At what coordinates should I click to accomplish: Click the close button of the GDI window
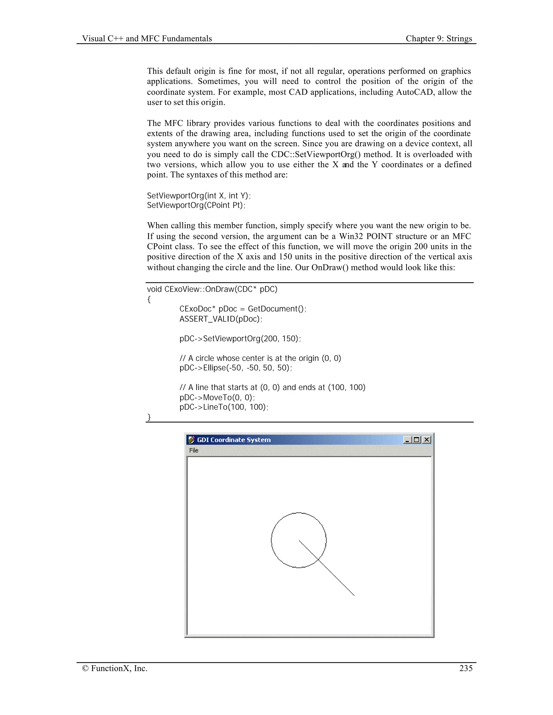tap(427, 440)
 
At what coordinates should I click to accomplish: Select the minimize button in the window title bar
tap(407, 440)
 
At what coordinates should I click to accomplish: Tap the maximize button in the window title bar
tap(417, 440)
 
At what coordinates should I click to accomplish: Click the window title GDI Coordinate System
tap(234, 440)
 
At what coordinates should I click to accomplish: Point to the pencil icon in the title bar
tap(191, 440)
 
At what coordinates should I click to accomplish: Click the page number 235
tap(466, 668)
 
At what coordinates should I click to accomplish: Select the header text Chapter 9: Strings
tap(439, 39)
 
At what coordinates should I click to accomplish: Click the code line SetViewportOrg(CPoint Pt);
tap(196, 205)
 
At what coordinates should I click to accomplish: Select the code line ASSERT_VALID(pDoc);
tap(221, 319)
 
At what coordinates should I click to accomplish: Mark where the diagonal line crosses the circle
tap(318, 560)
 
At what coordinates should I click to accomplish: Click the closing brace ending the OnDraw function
tap(149, 417)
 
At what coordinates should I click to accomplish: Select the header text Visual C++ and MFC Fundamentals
tap(147, 39)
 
